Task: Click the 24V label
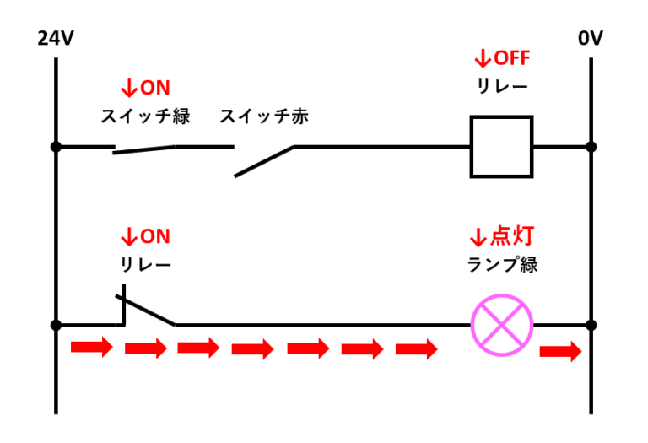[x=56, y=39]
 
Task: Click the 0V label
[x=591, y=39]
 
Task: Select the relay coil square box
[x=501, y=146]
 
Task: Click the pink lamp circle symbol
[x=502, y=325]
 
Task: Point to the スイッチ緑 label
[x=145, y=116]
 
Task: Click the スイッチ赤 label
[x=264, y=116]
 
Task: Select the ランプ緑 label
[x=502, y=265]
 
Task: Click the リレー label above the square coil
[x=502, y=87]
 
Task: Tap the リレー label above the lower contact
[x=145, y=265]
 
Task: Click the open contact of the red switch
[x=264, y=160]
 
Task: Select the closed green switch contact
[x=144, y=149]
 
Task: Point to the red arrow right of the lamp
[x=561, y=350]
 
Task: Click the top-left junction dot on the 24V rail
[x=56, y=146]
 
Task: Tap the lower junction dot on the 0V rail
[x=591, y=325]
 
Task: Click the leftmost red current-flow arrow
[x=91, y=346]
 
